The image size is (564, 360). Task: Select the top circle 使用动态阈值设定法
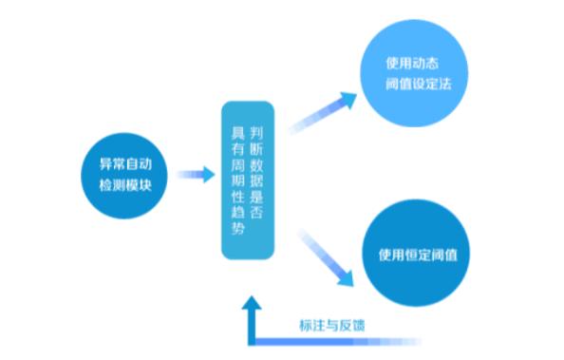412,73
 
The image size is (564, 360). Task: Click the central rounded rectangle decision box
247,180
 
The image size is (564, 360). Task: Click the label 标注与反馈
338,324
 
